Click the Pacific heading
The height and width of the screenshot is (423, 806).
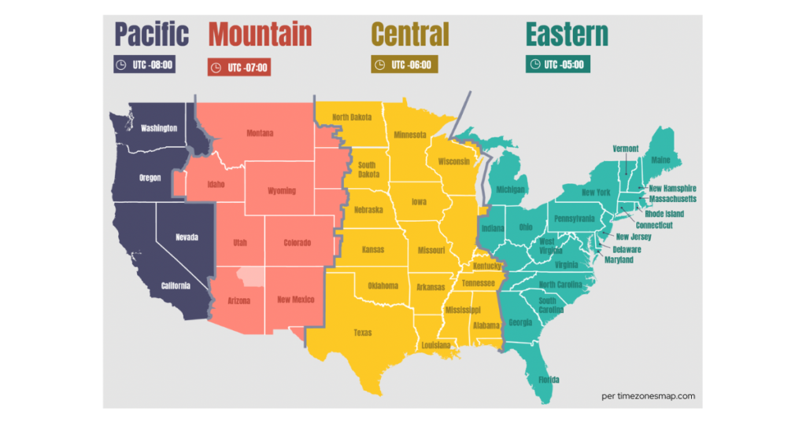[x=152, y=34]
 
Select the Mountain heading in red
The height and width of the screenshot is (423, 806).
[x=260, y=34]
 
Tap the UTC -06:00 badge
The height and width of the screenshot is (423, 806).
[x=404, y=64]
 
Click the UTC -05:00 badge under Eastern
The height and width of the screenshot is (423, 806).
[x=557, y=64]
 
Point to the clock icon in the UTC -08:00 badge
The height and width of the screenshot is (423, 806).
[x=121, y=64]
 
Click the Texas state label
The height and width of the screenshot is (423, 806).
[x=362, y=333]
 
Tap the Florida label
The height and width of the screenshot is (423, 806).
[x=549, y=380]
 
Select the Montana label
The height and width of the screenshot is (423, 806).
[x=260, y=133]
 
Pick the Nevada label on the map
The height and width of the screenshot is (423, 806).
[x=187, y=237]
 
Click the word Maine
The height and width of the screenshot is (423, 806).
[x=660, y=160]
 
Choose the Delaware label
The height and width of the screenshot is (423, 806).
[x=627, y=249]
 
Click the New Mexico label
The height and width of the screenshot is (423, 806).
[x=295, y=300]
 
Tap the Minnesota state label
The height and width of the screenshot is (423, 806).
[x=410, y=134]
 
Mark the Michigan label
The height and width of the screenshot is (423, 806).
[x=511, y=189]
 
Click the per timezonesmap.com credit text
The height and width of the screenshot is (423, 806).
[x=647, y=396]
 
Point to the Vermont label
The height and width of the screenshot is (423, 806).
[x=625, y=149]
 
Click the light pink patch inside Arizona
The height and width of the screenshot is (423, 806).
[x=251, y=277]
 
